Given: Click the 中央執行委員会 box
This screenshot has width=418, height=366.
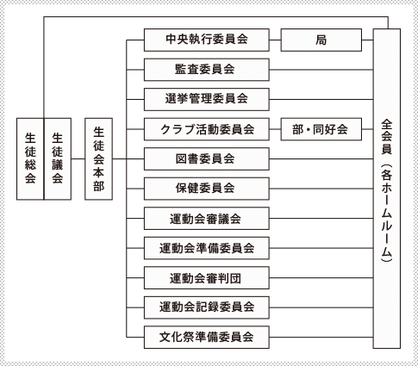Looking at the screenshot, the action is (207, 40).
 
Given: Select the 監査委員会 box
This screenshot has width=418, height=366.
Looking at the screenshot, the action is (207, 70).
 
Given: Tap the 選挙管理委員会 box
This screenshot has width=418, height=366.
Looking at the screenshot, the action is (207, 100).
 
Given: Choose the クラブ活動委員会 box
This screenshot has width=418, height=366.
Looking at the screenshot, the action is (207, 129).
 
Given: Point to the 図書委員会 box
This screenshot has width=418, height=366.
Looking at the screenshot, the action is (207, 159).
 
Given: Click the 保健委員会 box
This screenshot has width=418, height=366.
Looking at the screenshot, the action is (207, 189).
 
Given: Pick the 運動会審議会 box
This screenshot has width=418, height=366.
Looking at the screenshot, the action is (207, 219).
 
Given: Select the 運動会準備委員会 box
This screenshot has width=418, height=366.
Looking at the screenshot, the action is (207, 248).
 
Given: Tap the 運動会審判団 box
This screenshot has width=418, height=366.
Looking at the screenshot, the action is (207, 278).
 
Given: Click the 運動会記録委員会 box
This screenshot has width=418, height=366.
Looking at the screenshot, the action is (207, 307).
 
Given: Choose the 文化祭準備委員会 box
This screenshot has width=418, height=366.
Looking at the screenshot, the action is (207, 338).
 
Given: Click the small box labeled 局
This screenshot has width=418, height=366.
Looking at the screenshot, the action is (321, 40).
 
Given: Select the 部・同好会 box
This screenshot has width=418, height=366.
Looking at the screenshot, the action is (321, 129).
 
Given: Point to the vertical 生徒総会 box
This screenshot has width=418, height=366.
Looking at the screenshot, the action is (30, 159).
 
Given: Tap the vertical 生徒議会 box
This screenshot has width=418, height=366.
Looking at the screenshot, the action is (58, 159).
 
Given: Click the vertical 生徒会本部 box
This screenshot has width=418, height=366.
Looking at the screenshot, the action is (98, 159).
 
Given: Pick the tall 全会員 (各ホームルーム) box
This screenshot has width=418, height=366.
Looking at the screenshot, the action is (387, 189).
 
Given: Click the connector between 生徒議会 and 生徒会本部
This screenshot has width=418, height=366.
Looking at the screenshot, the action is (78, 158).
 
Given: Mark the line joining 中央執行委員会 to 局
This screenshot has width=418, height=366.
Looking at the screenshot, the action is (275, 40).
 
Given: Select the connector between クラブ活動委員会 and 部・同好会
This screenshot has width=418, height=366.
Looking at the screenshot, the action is (275, 129).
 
